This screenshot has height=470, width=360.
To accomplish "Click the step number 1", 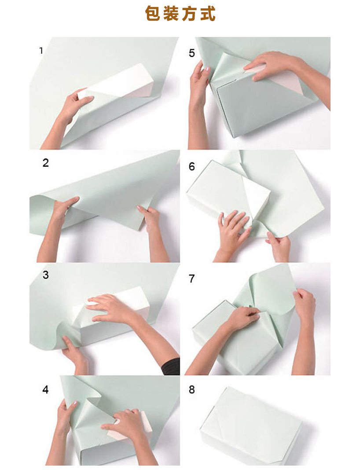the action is point(41,51).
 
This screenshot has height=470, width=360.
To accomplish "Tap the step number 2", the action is point(46,163).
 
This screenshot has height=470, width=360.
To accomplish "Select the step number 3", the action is point(46,275).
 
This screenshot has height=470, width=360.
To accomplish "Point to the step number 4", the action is point(45,389).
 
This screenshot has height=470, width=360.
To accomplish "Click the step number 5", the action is point(192,53).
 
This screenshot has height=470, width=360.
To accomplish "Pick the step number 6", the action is point(192,166).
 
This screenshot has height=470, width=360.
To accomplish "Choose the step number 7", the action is point(192,279).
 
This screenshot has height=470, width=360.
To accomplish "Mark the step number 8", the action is point(192,389).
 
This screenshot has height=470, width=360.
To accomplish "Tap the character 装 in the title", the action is point(171,14).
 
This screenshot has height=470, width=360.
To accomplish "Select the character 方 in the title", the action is point(189,14).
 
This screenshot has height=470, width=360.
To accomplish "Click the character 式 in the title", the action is point(207,14).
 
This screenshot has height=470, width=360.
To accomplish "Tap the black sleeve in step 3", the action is point(171,367).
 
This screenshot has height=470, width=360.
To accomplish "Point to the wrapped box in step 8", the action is point(251,426).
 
